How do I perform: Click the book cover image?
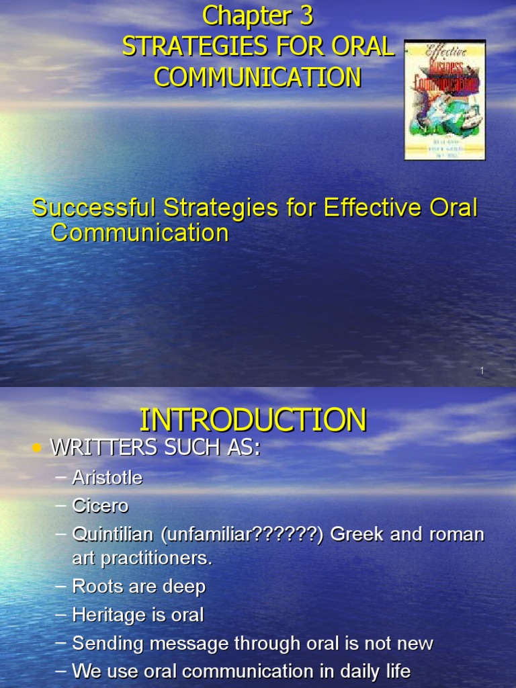(x=444, y=99)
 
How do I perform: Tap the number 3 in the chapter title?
(x=306, y=15)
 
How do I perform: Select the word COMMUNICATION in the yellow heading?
(x=257, y=77)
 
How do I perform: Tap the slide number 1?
(x=482, y=372)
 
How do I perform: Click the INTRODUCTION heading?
(x=253, y=420)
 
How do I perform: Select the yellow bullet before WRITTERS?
(x=36, y=449)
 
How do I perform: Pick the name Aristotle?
(x=107, y=478)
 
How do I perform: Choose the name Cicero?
(x=100, y=505)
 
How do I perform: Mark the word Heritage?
(x=109, y=615)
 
